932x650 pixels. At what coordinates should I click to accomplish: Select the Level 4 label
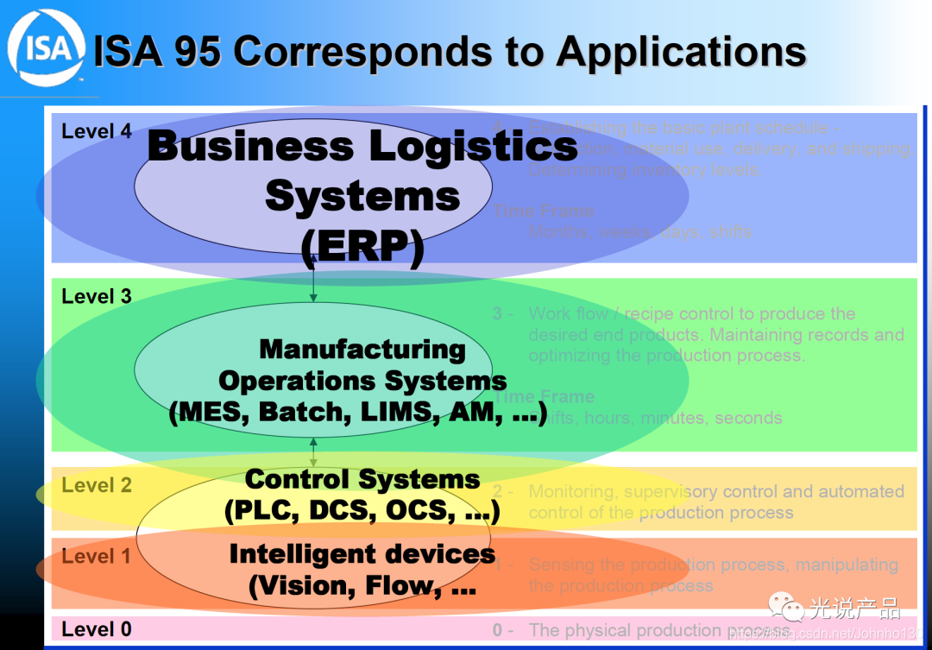pos(97,132)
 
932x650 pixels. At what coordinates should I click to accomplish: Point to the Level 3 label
pos(97,297)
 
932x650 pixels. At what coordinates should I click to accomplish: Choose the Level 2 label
pos(97,485)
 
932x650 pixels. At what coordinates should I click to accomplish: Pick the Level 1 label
pos(97,557)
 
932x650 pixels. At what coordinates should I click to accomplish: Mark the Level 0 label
pos(97,629)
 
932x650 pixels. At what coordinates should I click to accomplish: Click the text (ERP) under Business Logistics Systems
pos(362,248)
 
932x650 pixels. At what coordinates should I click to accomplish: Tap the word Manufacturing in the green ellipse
pos(362,350)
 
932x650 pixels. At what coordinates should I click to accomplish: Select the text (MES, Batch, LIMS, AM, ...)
pos(358,413)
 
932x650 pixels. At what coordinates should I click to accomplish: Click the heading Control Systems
pos(362,479)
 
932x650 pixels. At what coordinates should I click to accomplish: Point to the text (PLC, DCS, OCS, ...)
pos(362,511)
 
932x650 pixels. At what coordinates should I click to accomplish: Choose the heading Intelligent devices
pos(362,554)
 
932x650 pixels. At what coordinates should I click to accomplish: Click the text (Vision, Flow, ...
pos(362,586)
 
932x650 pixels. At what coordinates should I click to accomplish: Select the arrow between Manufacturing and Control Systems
pos(313,451)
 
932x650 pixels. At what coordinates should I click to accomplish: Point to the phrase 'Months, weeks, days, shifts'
pos(641,232)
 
